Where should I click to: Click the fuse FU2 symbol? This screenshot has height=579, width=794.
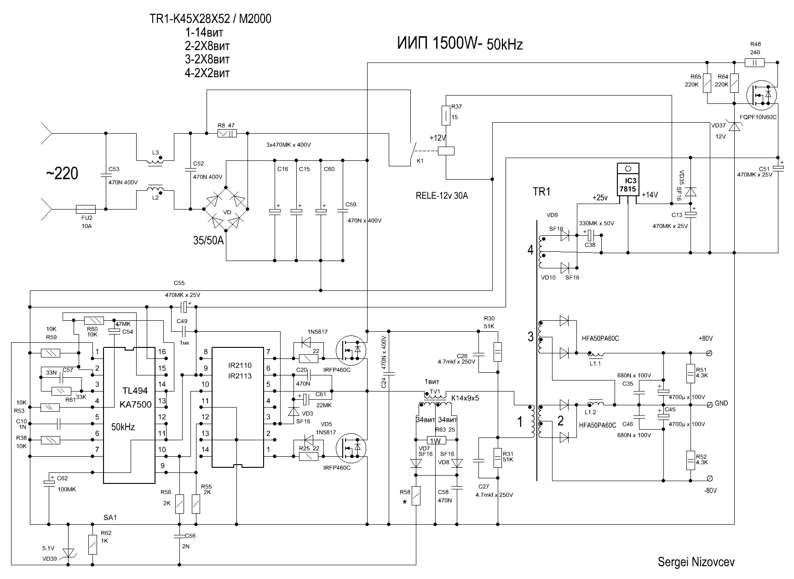[85, 209]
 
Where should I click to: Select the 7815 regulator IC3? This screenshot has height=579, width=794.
[627, 184]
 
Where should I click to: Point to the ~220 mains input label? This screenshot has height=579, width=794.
[62, 174]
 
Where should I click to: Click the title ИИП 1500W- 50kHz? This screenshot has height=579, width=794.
[460, 44]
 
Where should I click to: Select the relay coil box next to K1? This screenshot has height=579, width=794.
[446, 150]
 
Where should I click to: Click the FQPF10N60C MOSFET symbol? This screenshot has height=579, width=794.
[761, 95]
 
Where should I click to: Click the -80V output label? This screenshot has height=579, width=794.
[710, 490]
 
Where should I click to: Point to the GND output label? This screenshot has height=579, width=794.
[721, 403]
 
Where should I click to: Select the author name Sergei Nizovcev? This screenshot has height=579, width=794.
[696, 562]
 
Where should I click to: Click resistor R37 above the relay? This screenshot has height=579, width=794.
[446, 115]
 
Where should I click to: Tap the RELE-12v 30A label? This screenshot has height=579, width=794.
[441, 196]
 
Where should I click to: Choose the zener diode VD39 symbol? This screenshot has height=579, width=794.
[68, 552]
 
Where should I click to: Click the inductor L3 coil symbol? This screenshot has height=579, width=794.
[155, 160]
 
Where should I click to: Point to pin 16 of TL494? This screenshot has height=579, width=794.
[161, 352]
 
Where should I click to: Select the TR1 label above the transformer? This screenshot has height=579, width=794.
[541, 192]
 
